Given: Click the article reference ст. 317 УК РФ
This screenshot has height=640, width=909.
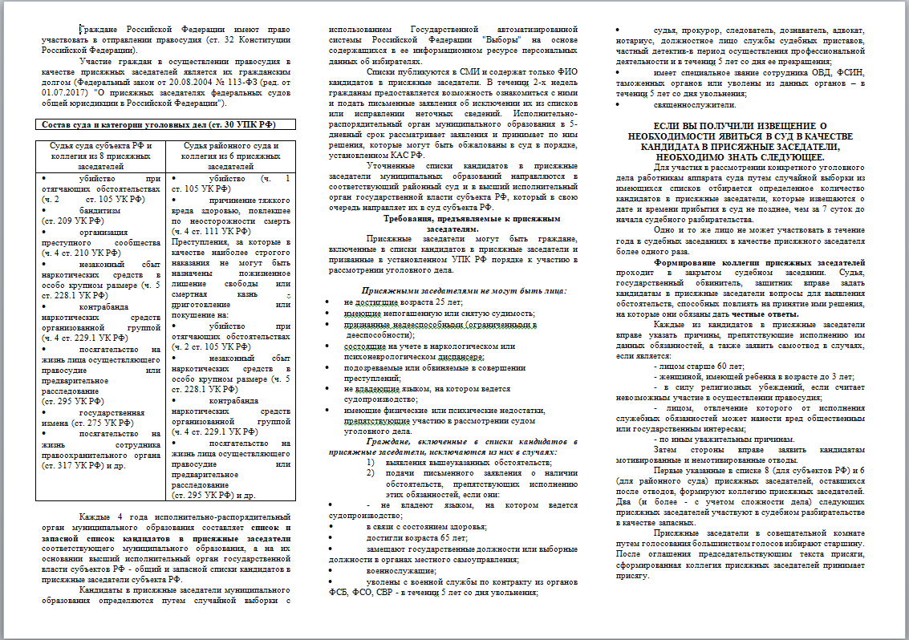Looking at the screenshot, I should (73, 464).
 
